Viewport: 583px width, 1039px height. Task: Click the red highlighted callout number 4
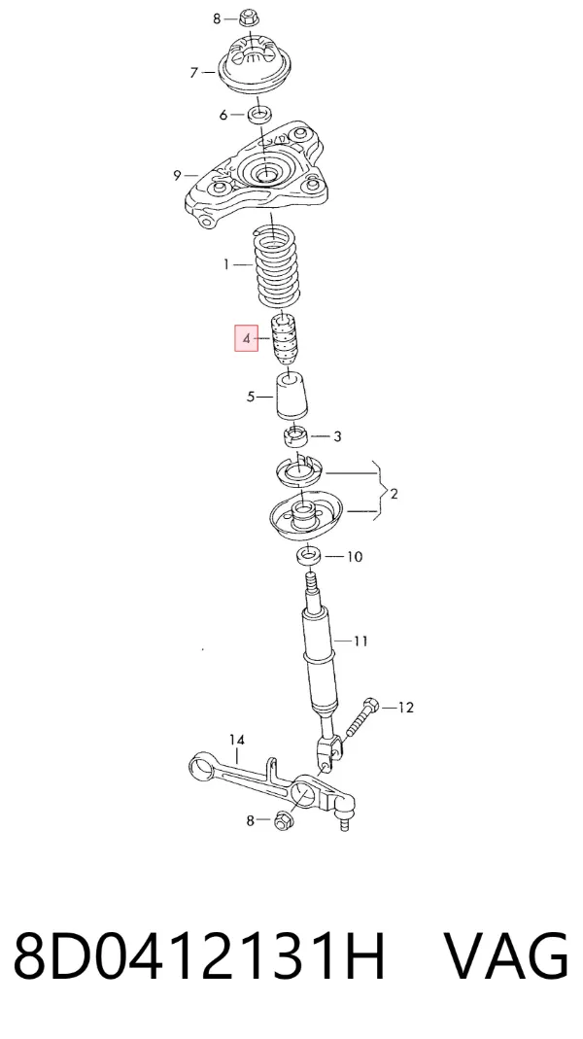coord(247,339)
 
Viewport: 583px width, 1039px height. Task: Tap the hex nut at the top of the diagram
coord(249,17)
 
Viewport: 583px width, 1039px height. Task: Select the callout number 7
coord(193,73)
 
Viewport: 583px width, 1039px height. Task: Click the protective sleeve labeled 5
coord(292,397)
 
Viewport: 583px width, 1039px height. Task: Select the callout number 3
coord(337,436)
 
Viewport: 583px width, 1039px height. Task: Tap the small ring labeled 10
coord(309,554)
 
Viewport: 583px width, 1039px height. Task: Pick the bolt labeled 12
coord(360,716)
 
